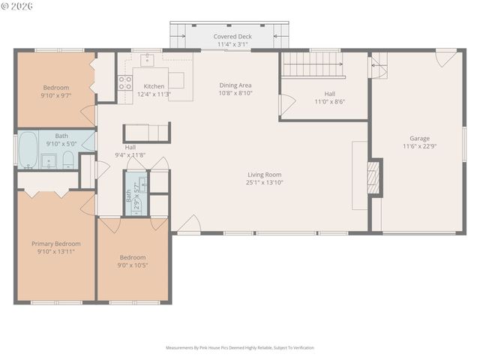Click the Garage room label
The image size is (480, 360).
coord(419,138)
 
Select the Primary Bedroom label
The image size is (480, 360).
coord(55,244)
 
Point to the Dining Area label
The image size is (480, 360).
coord(235,85)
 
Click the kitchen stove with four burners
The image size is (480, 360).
coord(124,82)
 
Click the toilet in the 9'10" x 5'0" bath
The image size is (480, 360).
coord(67,158)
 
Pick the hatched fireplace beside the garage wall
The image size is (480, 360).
coord(373,177)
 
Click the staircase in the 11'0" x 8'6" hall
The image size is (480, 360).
coord(313,64)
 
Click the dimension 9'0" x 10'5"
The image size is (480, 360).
coord(133,265)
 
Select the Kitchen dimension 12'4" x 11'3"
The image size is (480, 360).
coord(154,94)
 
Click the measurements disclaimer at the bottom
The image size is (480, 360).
coord(240,348)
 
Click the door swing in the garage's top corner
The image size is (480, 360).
coord(445,57)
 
